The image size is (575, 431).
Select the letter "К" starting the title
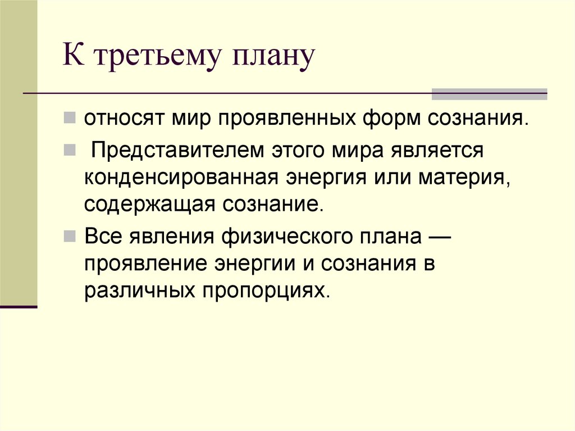click(x=73, y=58)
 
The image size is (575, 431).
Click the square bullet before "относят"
click(x=70, y=119)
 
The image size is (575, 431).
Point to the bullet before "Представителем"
click(x=70, y=151)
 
